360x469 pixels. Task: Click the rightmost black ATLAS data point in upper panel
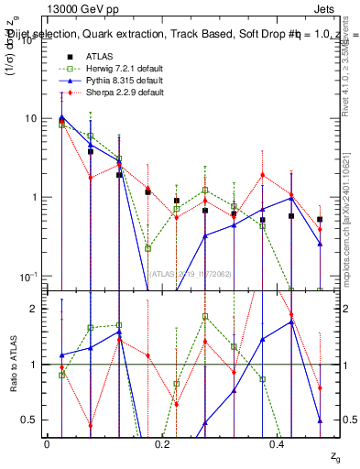320,220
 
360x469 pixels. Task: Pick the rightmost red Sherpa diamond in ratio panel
320,387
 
